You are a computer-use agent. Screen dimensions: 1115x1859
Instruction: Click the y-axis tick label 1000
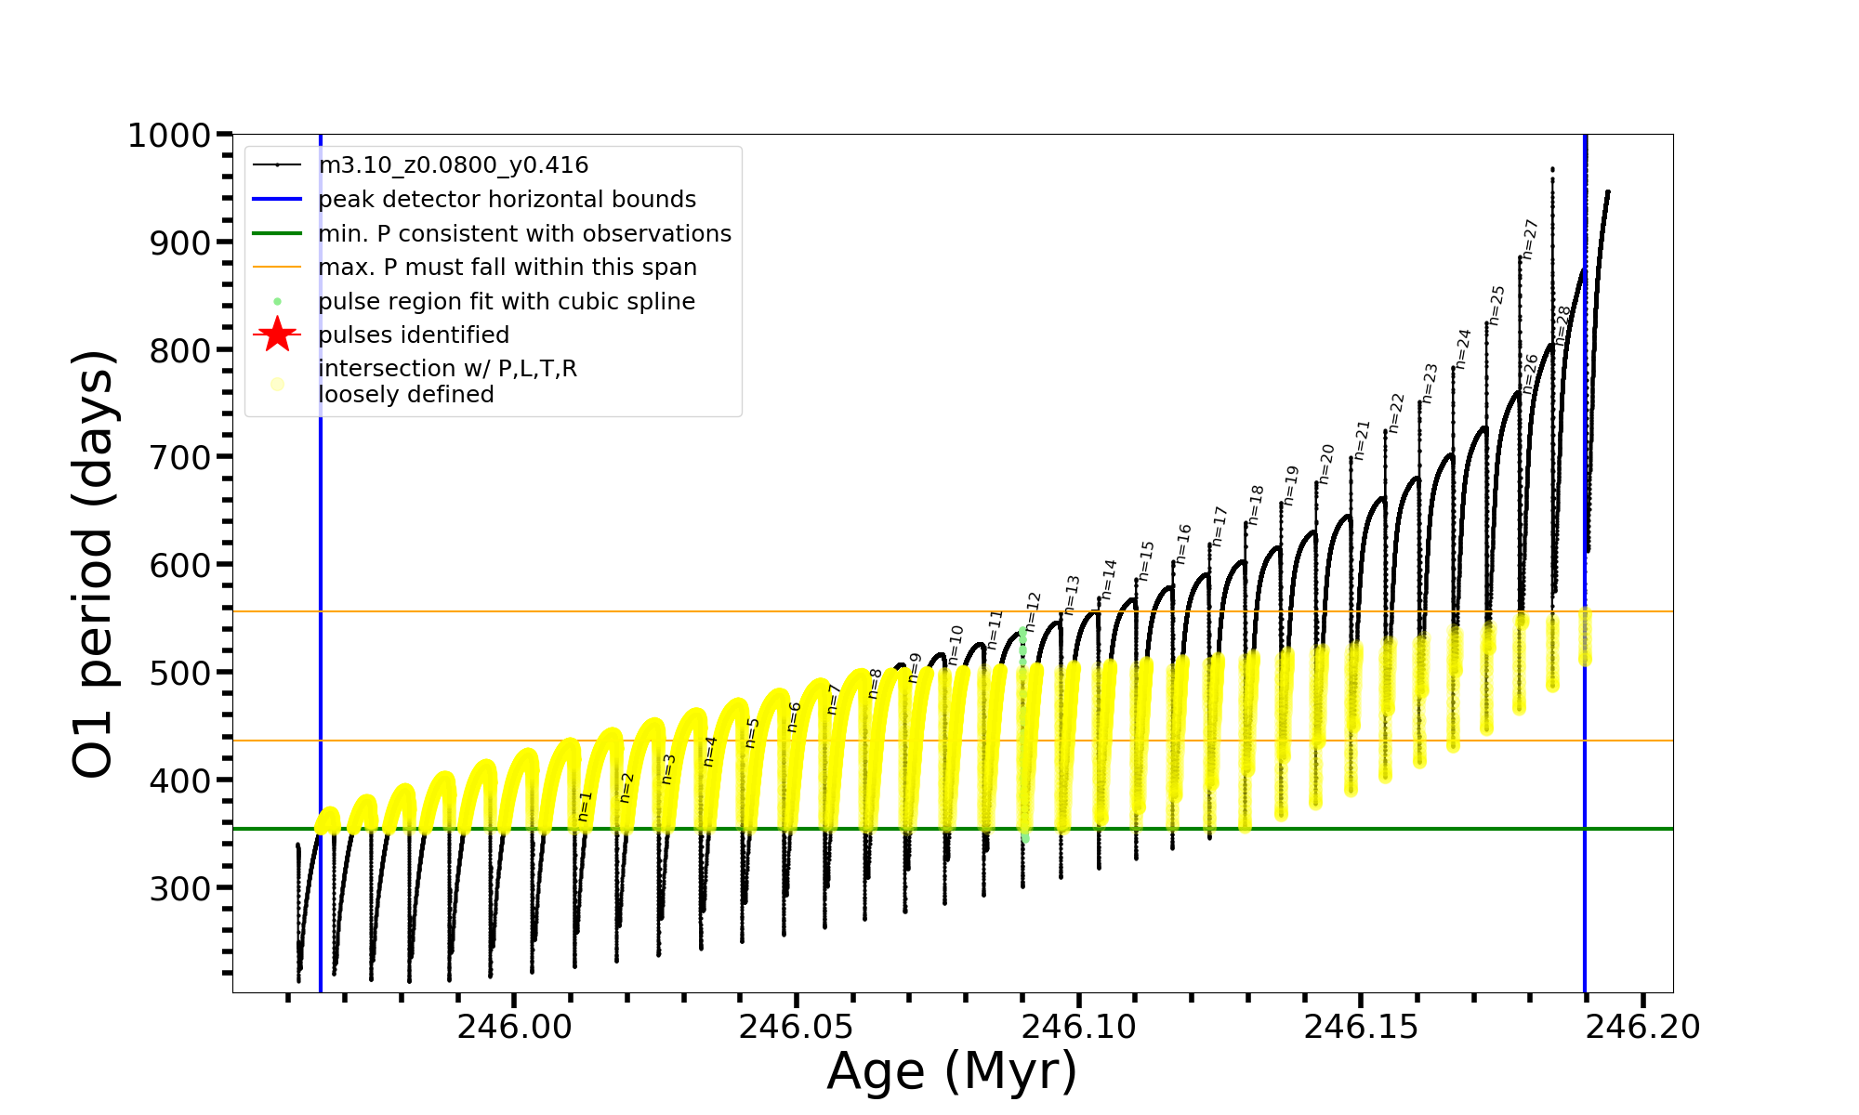coord(169,136)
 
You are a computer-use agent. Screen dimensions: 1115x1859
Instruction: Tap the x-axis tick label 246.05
coord(796,1027)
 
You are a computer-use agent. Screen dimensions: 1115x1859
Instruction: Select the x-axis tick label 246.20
coord(1642,1027)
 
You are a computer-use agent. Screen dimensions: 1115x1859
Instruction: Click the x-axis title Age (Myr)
coord(952,1071)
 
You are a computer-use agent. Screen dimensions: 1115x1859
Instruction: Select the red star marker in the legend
coord(277,334)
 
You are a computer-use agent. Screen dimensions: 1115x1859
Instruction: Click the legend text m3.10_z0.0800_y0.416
coord(453,165)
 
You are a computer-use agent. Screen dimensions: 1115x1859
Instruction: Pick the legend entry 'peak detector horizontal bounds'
coord(507,200)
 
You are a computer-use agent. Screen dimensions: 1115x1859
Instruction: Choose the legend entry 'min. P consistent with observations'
coord(524,233)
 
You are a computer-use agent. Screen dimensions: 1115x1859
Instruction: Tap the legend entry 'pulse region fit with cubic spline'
coord(506,302)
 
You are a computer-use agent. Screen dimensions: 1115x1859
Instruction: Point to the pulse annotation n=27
coord(1530,239)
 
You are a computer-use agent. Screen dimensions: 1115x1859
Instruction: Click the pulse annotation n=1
coord(584,806)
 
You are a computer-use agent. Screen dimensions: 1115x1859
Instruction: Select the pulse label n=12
coord(1033,611)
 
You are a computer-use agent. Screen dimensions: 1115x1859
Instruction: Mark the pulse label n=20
coord(1326,464)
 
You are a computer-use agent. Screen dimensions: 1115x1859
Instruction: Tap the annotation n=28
coord(1562,325)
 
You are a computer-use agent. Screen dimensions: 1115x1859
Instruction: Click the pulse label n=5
coord(752,732)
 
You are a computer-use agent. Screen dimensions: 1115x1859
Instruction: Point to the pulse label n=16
coord(1182,544)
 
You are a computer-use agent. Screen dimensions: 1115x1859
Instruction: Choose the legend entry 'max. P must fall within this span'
coord(507,268)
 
